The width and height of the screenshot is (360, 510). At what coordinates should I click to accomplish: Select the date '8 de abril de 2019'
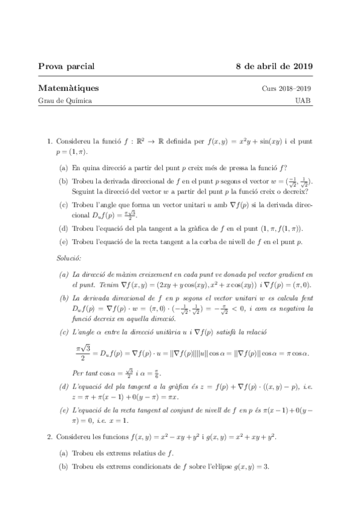point(273,66)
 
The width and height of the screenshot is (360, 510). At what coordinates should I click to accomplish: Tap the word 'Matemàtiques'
point(69,88)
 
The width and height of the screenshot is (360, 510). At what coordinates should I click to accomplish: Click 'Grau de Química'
point(65,101)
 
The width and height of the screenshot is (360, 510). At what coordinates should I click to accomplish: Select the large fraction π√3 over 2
point(83,351)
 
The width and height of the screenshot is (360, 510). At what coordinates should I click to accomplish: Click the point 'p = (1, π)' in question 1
point(72,153)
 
